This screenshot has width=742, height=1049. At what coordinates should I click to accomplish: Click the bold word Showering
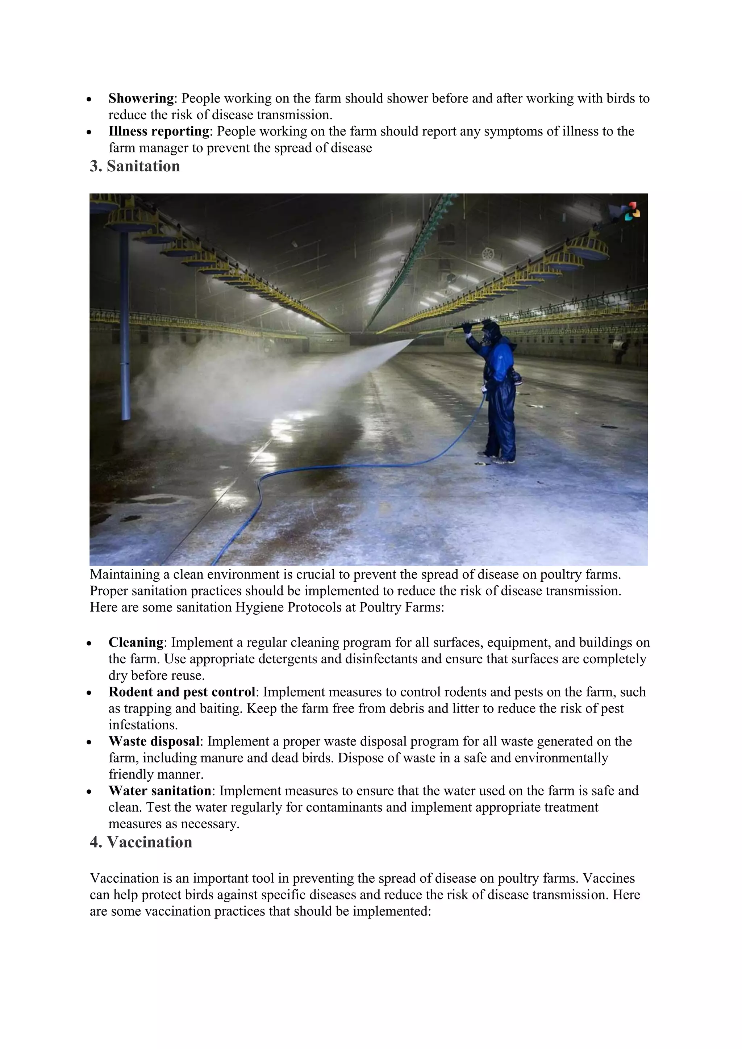tap(141, 98)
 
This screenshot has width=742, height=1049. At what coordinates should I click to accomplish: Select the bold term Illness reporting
tap(159, 131)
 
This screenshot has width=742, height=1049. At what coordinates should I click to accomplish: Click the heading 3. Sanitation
tap(135, 166)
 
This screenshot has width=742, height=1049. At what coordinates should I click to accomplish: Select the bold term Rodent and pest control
tap(182, 692)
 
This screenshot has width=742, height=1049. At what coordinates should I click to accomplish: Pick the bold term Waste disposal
tap(154, 741)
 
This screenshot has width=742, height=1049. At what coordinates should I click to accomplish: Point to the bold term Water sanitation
tap(159, 790)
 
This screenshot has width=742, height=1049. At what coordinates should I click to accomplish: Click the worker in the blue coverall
tap(499, 393)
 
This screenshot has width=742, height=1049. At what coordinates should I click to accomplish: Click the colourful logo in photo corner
tap(629, 212)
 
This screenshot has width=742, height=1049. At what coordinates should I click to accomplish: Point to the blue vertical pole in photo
tap(125, 329)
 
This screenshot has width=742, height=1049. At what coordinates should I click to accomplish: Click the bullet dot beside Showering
tap(89, 99)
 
